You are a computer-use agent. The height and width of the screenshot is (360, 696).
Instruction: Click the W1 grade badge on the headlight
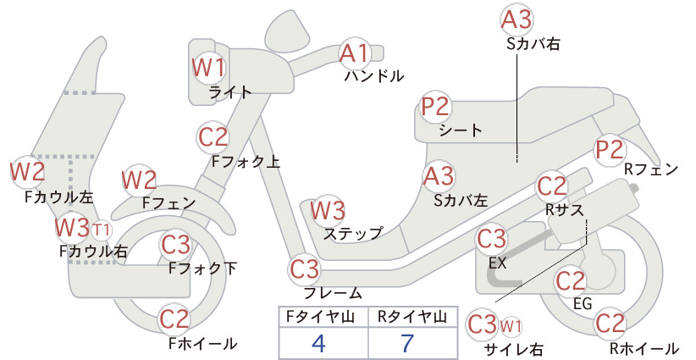[208, 68]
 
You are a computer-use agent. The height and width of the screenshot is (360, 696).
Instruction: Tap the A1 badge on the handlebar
[355, 53]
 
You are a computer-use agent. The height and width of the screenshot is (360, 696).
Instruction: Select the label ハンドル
[374, 76]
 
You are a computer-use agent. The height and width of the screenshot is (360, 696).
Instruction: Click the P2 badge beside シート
[435, 107]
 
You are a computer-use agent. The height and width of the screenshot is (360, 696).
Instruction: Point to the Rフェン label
[651, 169]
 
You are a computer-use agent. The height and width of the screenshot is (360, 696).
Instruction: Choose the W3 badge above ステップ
[328, 210]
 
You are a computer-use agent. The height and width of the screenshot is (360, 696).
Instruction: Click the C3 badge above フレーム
[305, 269]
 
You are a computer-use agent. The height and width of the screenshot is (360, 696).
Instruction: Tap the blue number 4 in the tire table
[318, 343]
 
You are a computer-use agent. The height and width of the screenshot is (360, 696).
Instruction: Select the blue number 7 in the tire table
[407, 343]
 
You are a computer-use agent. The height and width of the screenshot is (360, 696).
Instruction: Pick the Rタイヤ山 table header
[412, 317]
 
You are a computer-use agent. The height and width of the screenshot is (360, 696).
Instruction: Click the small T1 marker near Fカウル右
[102, 230]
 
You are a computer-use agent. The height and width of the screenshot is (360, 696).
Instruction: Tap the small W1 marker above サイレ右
[511, 327]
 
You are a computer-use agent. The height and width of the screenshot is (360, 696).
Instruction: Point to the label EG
[583, 303]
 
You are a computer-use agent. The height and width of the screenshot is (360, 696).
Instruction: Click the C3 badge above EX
[491, 239]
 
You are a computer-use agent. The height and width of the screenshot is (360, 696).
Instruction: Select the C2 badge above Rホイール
[610, 323]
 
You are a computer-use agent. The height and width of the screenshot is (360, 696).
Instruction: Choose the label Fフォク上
[246, 161]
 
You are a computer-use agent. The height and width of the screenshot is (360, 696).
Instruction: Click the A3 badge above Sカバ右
[516, 20]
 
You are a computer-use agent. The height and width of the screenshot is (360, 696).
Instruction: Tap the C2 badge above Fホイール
[174, 319]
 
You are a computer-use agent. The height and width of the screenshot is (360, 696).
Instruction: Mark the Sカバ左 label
[461, 201]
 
